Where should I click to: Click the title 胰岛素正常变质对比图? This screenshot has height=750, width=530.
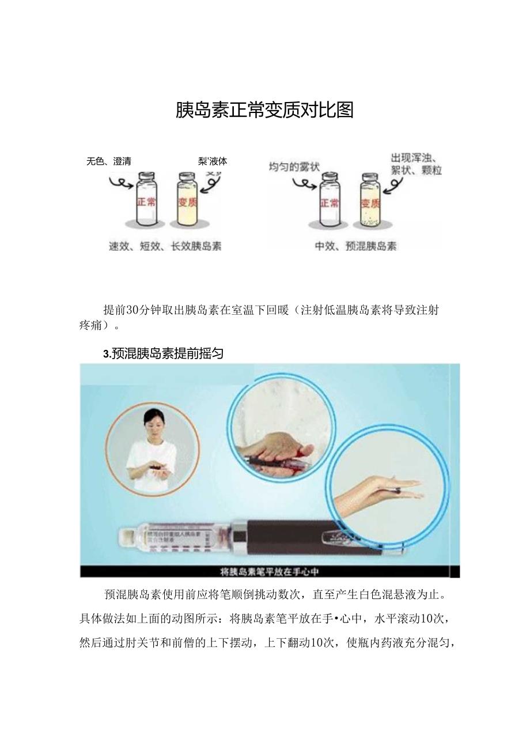[x=264, y=110]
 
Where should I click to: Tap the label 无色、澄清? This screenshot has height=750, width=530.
[x=109, y=161]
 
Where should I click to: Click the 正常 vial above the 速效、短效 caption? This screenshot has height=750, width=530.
[x=146, y=199]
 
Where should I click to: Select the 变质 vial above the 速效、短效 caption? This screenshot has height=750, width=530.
[x=185, y=199]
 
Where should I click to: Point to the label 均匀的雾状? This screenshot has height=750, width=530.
[x=294, y=167]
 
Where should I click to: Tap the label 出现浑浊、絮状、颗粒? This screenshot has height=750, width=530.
[x=416, y=164]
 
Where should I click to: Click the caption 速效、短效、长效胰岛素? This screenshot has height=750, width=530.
[x=165, y=246]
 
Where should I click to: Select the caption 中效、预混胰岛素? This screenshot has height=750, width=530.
[x=355, y=246]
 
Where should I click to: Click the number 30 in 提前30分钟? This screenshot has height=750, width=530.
[x=132, y=310]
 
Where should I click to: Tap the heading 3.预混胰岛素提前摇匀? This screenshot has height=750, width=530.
[x=163, y=354]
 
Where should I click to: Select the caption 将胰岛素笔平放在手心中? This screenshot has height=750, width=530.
[x=270, y=572]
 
